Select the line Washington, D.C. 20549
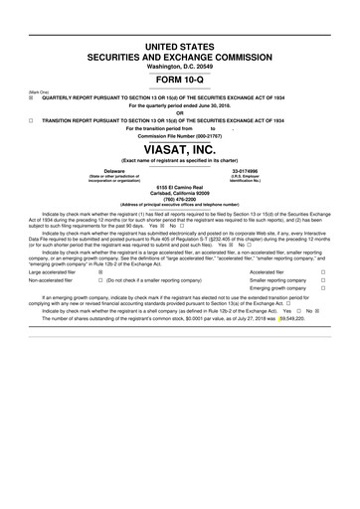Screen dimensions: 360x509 coord(180,66)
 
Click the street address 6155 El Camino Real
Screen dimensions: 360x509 coord(180,186)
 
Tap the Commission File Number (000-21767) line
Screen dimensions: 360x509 coord(180,134)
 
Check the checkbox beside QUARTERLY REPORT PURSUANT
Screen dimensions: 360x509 coord(32,98)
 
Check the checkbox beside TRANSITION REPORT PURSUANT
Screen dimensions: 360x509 coord(32,119)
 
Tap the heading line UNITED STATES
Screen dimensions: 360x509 coord(180,47)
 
